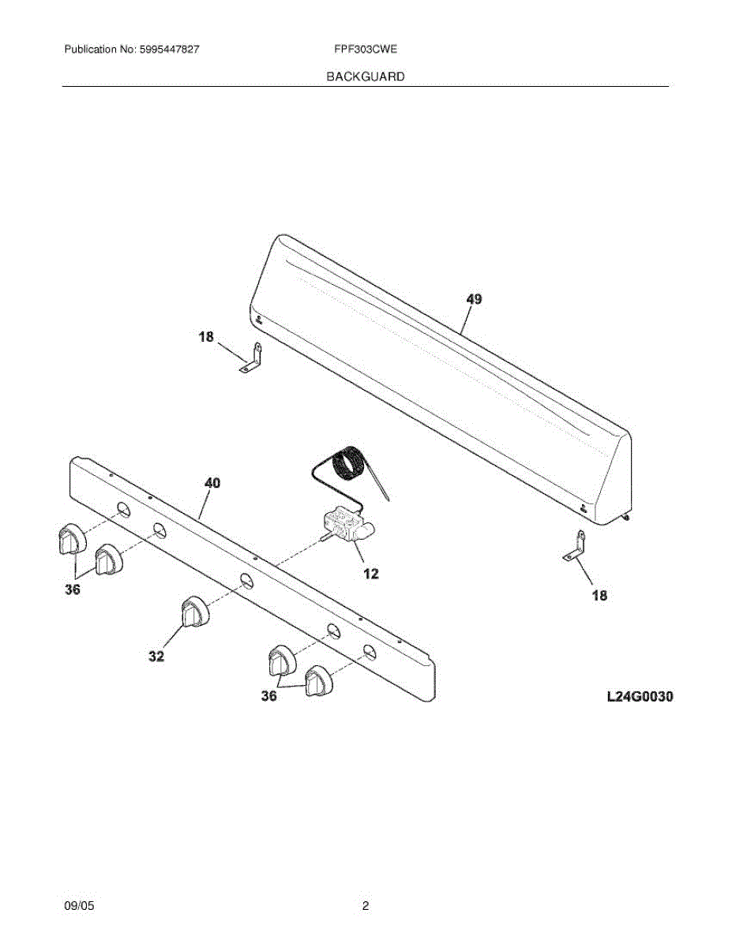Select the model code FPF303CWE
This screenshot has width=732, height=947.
[366, 50]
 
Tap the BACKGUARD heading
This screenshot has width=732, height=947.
[366, 77]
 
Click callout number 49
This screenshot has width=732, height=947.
[474, 299]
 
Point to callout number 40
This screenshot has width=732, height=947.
[212, 483]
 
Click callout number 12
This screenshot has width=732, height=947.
[370, 574]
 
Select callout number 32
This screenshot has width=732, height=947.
[156, 656]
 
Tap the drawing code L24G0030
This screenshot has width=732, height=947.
[640, 697]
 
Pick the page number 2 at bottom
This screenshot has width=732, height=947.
[366, 907]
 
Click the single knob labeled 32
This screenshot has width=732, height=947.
[192, 612]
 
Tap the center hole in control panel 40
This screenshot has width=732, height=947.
[246, 582]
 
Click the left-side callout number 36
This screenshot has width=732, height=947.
[73, 590]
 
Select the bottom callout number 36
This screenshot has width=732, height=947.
[269, 697]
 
